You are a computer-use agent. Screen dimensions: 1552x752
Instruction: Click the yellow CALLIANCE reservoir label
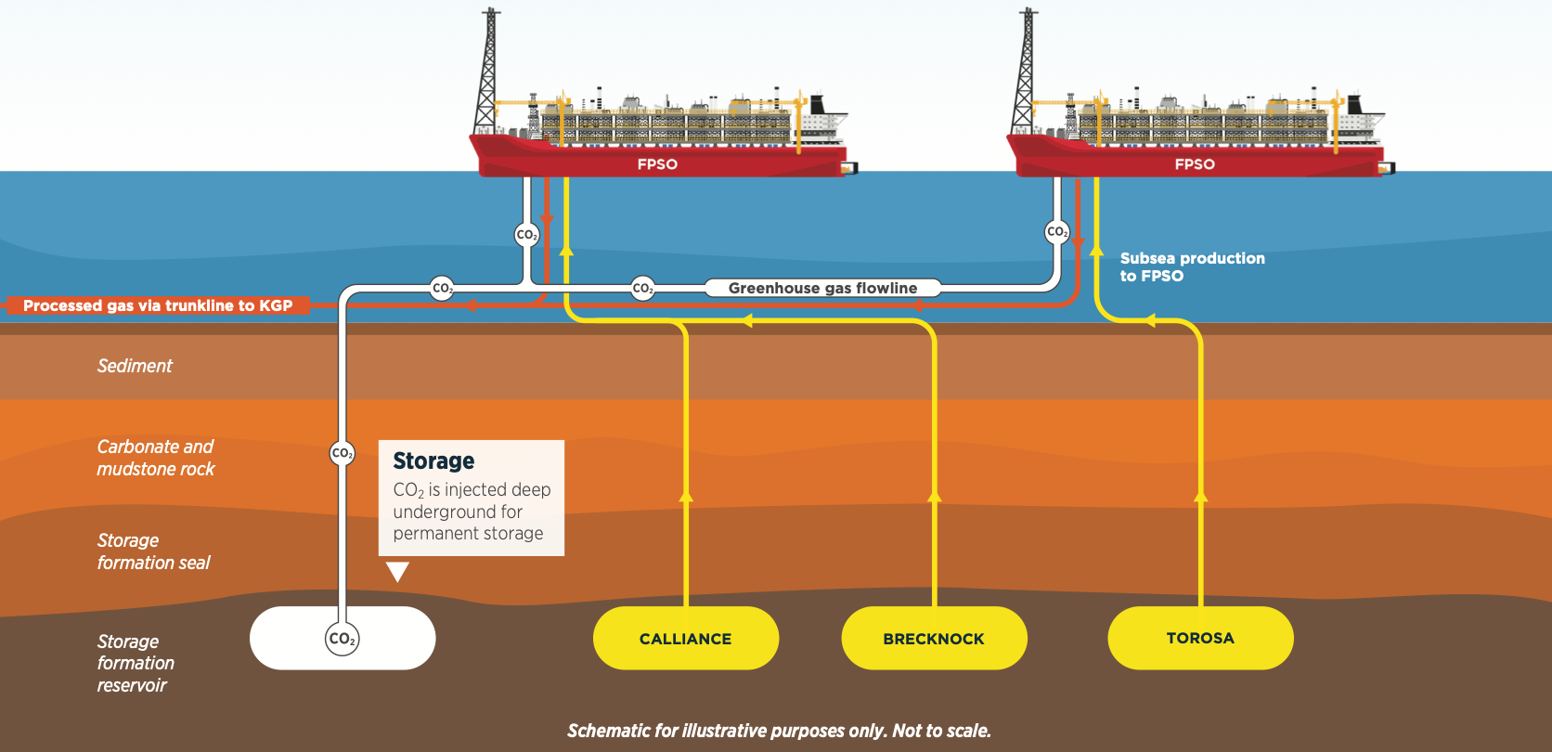point(685,639)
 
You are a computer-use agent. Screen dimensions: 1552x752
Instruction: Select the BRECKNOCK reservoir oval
point(934,639)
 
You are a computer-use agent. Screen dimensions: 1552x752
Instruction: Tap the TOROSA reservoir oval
point(1200,639)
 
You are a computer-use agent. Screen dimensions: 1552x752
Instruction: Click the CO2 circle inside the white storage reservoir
point(343,639)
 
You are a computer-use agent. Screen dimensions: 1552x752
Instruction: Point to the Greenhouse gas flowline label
point(823,288)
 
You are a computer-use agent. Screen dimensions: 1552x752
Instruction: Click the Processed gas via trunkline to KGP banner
point(158,305)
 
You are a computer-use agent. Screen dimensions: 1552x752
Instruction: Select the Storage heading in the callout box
point(433,460)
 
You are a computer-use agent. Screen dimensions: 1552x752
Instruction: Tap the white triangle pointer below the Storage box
point(397,571)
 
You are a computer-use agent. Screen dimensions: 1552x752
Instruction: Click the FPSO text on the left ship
point(657,164)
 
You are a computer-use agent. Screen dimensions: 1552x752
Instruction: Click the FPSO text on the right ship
point(1195,164)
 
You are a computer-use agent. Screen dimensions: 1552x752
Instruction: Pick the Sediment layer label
point(135,365)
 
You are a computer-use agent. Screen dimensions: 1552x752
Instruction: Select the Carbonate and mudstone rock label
point(156,458)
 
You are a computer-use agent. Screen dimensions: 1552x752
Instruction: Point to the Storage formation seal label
point(153,551)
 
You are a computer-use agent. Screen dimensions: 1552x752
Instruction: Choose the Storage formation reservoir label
point(136,663)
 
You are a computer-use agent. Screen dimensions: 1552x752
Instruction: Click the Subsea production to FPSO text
point(1193,266)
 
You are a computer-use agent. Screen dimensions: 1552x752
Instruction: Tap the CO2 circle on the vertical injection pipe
point(343,453)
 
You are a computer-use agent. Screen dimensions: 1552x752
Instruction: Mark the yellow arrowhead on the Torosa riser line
point(1201,496)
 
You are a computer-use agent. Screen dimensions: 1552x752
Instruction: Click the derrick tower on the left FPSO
point(487,71)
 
